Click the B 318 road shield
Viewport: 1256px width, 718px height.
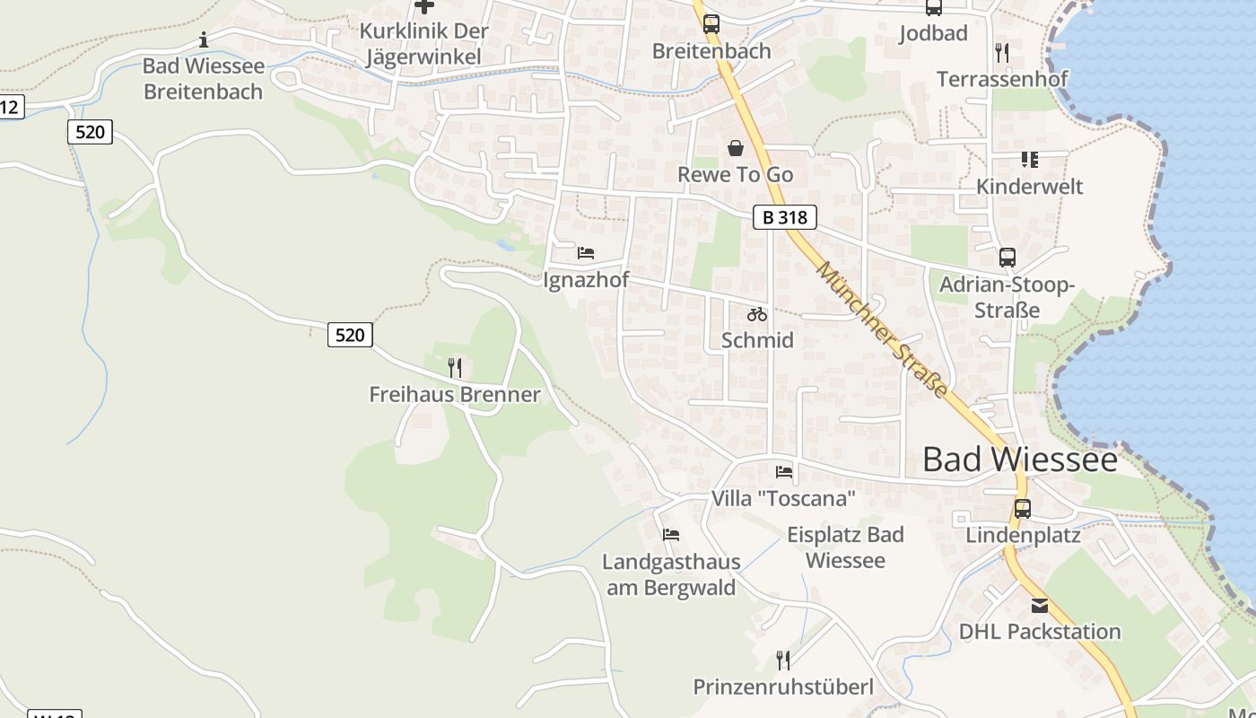tap(784, 217)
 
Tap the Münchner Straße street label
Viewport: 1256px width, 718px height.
tap(882, 329)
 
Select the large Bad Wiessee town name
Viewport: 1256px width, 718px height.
tap(1020, 460)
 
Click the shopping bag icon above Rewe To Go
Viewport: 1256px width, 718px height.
tap(736, 148)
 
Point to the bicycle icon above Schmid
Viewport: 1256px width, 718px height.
tap(757, 314)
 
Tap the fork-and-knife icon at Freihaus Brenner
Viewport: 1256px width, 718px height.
tap(455, 367)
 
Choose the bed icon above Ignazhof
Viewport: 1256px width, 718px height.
tap(586, 253)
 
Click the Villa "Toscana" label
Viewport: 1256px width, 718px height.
tap(783, 498)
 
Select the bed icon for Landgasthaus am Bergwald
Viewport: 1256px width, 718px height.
tap(671, 535)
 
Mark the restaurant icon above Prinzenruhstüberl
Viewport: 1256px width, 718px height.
tap(783, 661)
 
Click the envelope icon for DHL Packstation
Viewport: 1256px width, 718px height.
tap(1039, 605)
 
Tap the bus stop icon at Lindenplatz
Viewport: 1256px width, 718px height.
tap(1022, 509)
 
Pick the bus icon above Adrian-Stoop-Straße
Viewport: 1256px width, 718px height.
tap(1007, 258)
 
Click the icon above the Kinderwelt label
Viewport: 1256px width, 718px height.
tap(1029, 160)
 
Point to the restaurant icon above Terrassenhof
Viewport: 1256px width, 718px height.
tap(1002, 53)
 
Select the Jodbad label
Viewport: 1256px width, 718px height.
tap(933, 33)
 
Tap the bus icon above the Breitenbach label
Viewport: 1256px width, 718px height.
tap(711, 24)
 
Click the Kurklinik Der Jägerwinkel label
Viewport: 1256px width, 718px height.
tap(423, 43)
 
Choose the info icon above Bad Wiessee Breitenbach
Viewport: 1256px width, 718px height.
tap(204, 39)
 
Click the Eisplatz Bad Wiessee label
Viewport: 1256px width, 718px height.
tap(845, 547)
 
